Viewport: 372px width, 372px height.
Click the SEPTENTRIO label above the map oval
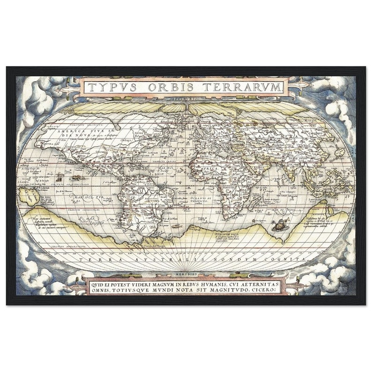[186, 99]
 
